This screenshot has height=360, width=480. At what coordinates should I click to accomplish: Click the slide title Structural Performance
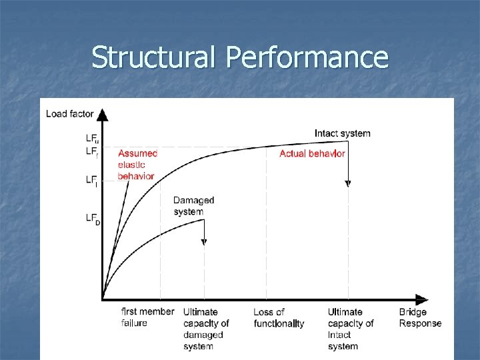[239, 57]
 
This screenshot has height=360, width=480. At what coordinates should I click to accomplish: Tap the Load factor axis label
[70, 114]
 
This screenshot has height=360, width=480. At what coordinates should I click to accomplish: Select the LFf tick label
[92, 152]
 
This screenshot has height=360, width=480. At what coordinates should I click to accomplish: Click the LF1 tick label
[92, 180]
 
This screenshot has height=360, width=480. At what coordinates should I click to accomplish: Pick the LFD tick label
[93, 218]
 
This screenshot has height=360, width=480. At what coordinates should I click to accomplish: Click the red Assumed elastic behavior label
[137, 165]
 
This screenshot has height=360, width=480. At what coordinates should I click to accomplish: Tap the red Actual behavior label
[312, 154]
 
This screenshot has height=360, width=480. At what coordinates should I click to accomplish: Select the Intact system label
[342, 133]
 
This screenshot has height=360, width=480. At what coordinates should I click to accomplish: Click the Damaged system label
[193, 206]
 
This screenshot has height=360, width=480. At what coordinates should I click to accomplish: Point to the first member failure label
[147, 317]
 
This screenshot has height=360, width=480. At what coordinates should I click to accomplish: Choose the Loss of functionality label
[279, 317]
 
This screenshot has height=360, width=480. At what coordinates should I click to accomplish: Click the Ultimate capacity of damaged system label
[206, 329]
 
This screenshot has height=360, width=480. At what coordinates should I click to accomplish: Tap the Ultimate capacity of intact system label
[351, 329]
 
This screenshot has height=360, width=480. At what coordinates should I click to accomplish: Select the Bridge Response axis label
[420, 317]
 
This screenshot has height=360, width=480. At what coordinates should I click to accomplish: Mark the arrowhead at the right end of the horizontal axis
[421, 299]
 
